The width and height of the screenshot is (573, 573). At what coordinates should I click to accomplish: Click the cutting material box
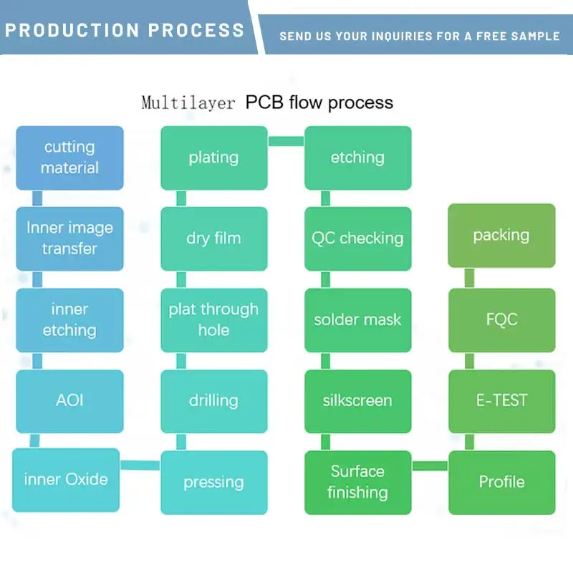69,158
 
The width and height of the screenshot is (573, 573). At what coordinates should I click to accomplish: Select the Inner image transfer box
69,239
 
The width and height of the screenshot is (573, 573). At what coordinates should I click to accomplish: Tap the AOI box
69,400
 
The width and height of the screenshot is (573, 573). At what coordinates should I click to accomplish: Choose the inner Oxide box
66,479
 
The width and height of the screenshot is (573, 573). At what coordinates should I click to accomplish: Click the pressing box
213,482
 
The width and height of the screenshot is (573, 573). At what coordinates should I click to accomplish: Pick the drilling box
213,400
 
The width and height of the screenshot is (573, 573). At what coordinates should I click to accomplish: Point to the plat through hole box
213,319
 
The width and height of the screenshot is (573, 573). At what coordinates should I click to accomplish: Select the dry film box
213,239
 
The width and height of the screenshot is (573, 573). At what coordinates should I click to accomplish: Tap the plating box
213,158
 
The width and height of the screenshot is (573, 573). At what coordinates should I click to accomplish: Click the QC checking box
357,239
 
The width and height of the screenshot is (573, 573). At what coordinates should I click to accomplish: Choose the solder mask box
357,319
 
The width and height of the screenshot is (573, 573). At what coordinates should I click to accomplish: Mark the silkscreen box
357,400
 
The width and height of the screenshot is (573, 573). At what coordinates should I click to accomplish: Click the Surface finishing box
357,482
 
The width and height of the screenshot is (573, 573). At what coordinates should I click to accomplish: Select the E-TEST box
501,400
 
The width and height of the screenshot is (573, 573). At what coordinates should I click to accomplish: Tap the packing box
501,236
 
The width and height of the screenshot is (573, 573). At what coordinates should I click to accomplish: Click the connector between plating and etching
286,141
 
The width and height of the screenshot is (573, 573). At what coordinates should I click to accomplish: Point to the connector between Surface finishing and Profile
430,466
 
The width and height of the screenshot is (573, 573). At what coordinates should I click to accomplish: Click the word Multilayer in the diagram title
188,102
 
